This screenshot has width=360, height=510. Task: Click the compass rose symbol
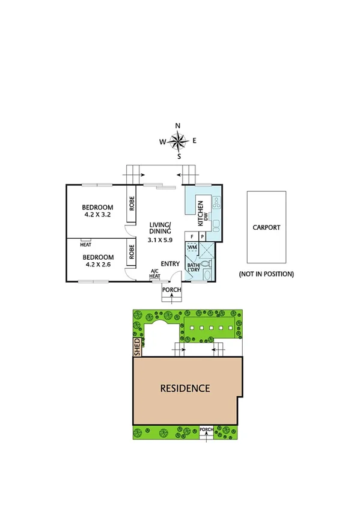[x=178, y=141]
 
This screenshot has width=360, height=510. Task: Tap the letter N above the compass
[x=178, y=126]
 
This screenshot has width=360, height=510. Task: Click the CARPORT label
[x=266, y=227]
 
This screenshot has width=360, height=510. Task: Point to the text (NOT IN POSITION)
[x=266, y=274]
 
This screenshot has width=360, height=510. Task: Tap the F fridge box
[x=192, y=237]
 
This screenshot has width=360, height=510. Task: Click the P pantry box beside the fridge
[x=202, y=237]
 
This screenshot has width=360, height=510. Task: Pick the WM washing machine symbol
[x=192, y=247]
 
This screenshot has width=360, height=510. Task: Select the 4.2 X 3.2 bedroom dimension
[x=98, y=214]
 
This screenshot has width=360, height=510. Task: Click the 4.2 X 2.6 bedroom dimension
[x=98, y=262]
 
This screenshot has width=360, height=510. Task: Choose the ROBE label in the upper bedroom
[x=130, y=203]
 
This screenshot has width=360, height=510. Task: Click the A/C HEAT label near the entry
[x=155, y=274]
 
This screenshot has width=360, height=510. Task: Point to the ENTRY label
[x=171, y=263]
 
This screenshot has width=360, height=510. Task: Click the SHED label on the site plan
[x=137, y=347]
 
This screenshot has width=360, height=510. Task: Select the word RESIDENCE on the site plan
[x=185, y=388]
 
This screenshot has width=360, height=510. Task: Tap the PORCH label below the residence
[x=206, y=429]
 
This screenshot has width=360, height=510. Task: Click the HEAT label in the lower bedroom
[x=85, y=244]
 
